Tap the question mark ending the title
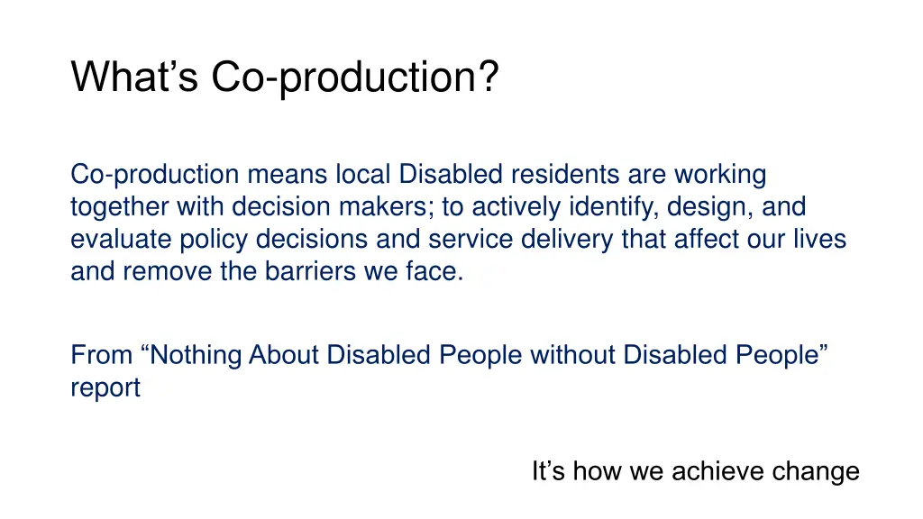pyautogui.click(x=488, y=77)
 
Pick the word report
pyautogui.click(x=105, y=388)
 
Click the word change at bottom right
pyautogui.click(x=815, y=471)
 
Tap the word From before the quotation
pyautogui.click(x=102, y=355)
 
